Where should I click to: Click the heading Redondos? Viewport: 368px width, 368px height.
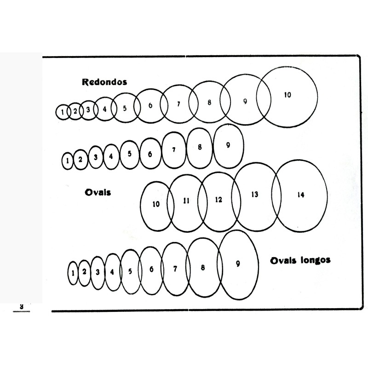click(104, 82)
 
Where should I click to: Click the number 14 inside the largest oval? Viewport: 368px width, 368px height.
click(300, 195)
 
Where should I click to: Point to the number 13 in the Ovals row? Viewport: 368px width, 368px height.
click(254, 195)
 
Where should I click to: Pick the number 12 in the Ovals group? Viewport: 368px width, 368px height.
click(218, 200)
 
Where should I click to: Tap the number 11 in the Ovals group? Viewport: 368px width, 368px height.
click(186, 201)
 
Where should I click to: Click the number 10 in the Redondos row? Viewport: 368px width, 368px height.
click(287, 95)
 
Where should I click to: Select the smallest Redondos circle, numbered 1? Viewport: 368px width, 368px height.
click(62, 111)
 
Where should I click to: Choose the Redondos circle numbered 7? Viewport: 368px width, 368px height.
click(179, 104)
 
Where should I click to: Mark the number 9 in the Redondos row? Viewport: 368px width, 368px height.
click(245, 101)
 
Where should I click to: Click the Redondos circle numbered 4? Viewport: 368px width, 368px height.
click(104, 109)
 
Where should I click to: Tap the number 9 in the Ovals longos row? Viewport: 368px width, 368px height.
click(238, 264)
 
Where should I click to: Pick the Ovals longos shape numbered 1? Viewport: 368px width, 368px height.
click(73, 272)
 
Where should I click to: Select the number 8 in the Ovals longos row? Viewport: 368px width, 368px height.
click(202, 267)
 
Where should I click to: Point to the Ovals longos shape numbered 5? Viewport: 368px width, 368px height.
click(130, 271)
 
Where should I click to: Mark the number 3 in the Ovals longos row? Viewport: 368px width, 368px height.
click(98, 271)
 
